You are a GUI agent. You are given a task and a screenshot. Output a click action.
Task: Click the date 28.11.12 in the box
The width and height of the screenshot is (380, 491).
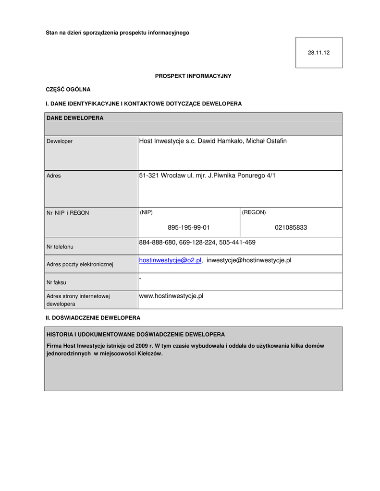tap(319, 53)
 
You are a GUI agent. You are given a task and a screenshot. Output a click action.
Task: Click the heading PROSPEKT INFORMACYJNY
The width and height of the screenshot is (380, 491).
tap(193, 76)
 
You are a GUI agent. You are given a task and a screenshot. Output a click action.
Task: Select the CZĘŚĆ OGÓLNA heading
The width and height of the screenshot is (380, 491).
tap(68, 89)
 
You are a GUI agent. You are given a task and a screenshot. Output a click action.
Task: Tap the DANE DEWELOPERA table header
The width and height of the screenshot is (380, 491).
tap(75, 117)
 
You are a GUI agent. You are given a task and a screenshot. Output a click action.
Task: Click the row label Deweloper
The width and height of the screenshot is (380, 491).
tap(60, 141)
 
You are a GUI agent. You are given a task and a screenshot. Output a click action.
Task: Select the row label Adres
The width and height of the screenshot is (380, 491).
tap(54, 176)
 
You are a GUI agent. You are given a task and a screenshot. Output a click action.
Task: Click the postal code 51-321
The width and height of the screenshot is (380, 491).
tap(149, 175)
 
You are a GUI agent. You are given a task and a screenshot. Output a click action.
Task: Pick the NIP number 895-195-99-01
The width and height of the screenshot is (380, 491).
tap(189, 227)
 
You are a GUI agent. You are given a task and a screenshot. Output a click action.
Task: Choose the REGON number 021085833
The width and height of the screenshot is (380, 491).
tap(291, 227)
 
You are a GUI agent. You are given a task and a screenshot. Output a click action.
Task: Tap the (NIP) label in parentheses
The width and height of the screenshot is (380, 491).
tap(147, 212)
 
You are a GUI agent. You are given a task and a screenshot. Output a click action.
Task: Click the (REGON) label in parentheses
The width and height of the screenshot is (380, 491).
tap(254, 212)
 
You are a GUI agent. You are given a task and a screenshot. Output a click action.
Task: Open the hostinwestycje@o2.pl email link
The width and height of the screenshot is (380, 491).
tap(170, 260)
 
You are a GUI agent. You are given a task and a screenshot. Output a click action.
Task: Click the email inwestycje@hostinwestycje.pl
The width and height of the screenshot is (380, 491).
tap(249, 260)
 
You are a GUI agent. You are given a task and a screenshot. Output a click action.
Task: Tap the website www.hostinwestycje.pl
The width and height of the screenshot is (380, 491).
tap(171, 296)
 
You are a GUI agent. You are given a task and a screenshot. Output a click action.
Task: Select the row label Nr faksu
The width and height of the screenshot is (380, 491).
tap(56, 282)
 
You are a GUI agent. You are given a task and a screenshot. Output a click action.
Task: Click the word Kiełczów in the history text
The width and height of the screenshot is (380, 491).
tap(149, 354)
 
